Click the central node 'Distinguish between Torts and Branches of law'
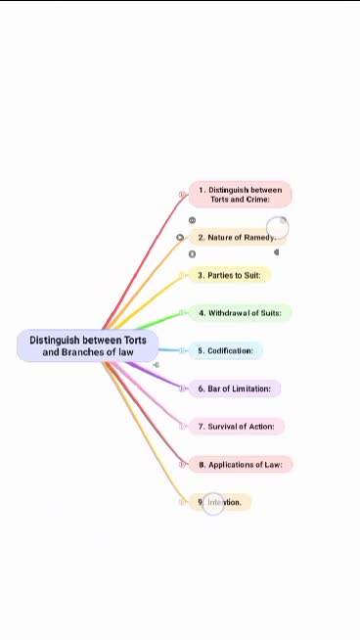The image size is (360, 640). (87, 345)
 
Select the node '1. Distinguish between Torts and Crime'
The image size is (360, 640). (240, 194)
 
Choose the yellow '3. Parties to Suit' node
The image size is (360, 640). (230, 275)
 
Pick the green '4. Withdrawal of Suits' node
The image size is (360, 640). (240, 313)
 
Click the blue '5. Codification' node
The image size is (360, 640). (226, 350)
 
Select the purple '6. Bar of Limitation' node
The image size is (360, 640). (235, 389)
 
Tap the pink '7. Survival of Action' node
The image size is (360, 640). (236, 427)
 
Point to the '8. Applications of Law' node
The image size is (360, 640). (241, 465)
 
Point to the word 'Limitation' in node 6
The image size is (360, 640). (251, 389)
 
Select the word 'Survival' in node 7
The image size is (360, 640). (223, 427)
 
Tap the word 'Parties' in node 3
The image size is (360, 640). (221, 275)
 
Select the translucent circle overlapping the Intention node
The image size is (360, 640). (213, 503)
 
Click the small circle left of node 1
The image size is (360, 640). (182, 195)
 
